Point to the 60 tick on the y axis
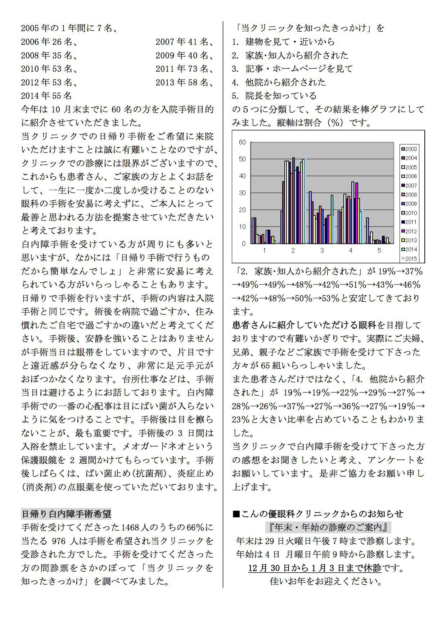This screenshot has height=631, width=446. [242, 142]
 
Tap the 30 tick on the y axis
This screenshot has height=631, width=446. [242, 193]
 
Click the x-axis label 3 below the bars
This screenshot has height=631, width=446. [322, 250]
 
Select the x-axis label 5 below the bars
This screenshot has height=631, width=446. [379, 250]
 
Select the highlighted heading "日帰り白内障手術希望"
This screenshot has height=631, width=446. [66, 514]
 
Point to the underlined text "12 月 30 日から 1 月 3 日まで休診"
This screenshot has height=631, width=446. [315, 568]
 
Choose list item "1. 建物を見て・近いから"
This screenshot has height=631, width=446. [283, 42]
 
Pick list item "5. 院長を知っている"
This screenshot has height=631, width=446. [274, 96]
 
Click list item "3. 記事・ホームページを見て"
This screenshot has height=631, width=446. [292, 69]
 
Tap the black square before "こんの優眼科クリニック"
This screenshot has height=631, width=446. [236, 514]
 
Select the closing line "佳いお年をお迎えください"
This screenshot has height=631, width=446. [326, 581]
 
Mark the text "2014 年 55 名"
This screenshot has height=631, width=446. [46, 96]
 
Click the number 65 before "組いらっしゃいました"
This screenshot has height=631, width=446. [266, 366]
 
